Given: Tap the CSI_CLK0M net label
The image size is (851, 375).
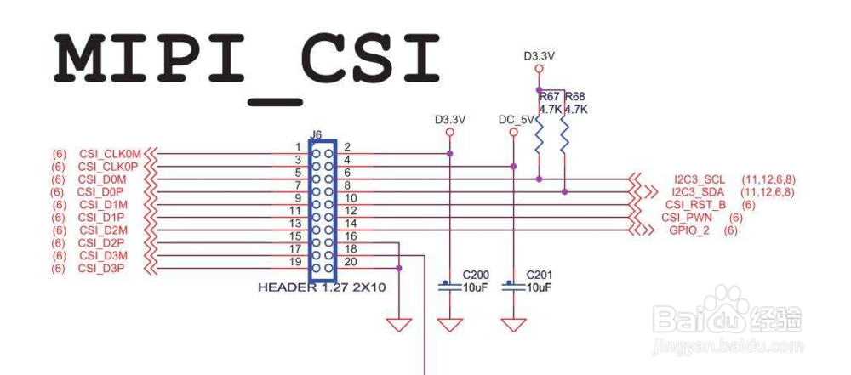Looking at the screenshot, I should click(x=110, y=154).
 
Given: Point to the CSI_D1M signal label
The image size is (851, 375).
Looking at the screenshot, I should click(x=102, y=205).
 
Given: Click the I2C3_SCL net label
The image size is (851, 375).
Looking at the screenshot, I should click(x=700, y=180).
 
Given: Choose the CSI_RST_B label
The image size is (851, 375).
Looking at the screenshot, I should click(x=696, y=205).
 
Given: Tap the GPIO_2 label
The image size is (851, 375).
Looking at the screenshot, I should click(x=690, y=230).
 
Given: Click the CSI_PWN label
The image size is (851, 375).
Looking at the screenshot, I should click(x=689, y=218).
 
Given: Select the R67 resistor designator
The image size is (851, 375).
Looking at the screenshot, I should click(x=550, y=97).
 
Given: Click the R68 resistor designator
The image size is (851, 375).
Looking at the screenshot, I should click(x=575, y=97).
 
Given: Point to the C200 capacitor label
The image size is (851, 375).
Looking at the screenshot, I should click(x=476, y=276).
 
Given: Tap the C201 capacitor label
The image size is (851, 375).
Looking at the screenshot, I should click(x=540, y=276).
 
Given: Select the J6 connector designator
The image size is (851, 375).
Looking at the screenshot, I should click(x=316, y=134).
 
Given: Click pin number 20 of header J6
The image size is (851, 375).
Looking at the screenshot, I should click(x=351, y=262).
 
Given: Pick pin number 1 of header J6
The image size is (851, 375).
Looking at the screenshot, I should click(x=298, y=147).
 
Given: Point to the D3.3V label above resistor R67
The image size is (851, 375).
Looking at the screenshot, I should click(x=540, y=56).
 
